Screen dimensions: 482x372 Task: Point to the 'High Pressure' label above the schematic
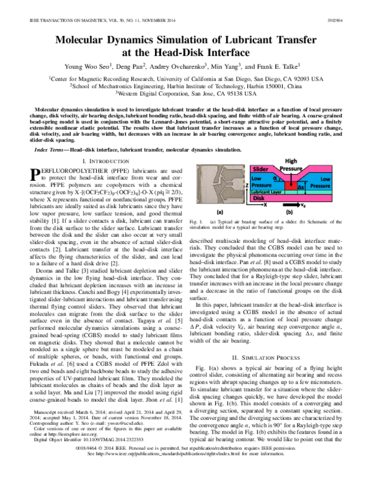pos(304,165)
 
